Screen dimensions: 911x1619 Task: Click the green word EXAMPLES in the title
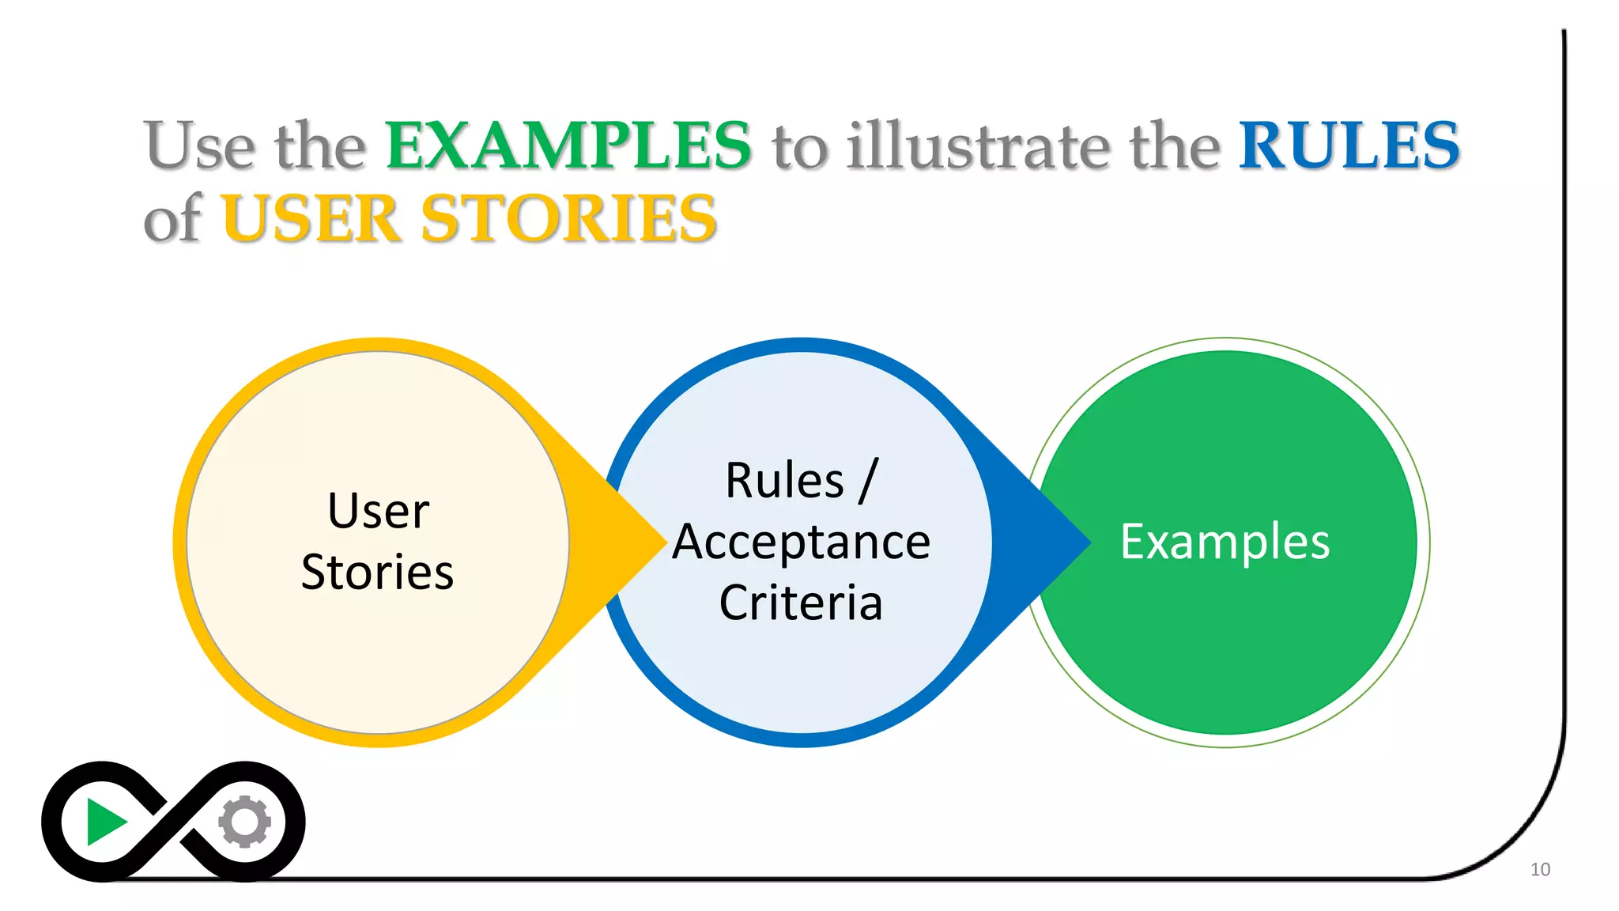(x=568, y=146)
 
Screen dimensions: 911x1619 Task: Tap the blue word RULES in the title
(x=1349, y=146)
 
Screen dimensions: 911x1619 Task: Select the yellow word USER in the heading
(x=311, y=219)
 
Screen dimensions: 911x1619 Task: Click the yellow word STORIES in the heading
(x=568, y=219)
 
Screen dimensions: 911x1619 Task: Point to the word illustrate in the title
(x=978, y=146)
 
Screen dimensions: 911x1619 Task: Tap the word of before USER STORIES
(x=172, y=219)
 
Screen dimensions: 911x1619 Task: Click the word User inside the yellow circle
(x=378, y=511)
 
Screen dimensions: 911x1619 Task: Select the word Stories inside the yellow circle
(x=378, y=572)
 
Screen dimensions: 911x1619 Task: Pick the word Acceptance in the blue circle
(x=801, y=542)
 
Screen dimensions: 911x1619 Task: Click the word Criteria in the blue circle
(x=801, y=603)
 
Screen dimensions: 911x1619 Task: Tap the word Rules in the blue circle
(x=784, y=481)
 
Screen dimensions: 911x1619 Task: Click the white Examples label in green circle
(x=1225, y=542)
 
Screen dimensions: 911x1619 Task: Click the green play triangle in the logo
(x=104, y=822)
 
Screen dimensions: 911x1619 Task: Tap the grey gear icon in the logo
(x=245, y=822)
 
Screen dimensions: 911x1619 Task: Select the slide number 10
(x=1540, y=870)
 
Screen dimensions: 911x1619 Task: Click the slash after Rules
(x=868, y=481)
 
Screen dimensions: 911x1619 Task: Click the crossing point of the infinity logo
(x=174, y=822)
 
